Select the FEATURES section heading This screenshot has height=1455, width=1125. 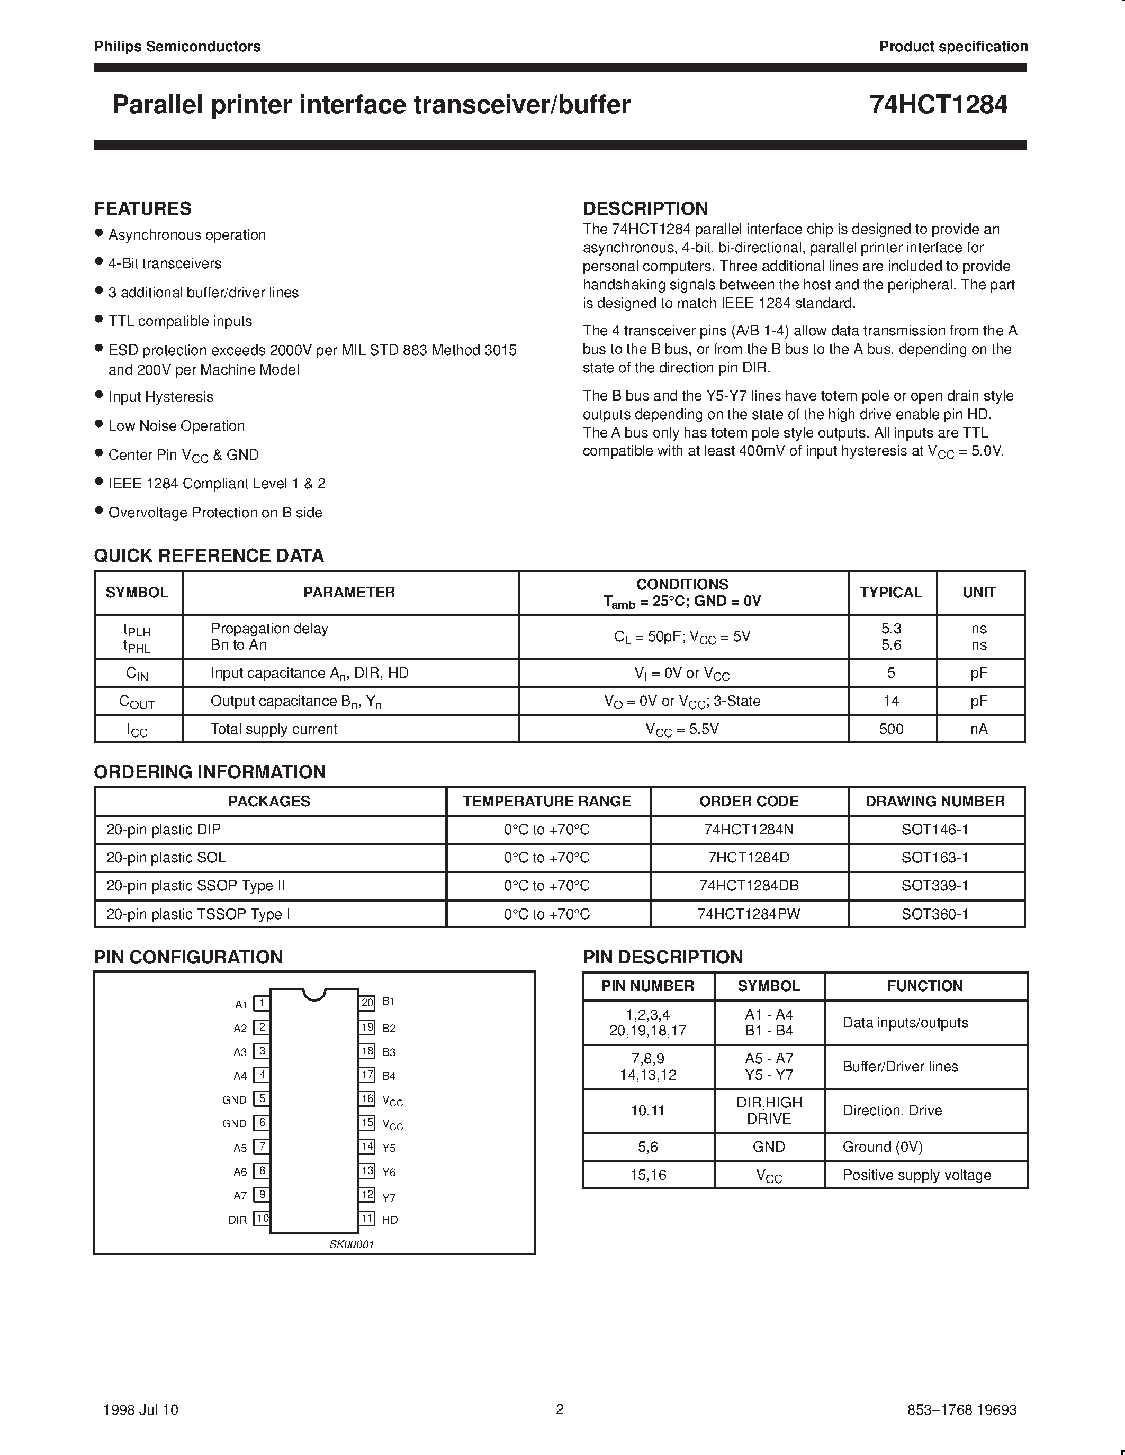(142, 208)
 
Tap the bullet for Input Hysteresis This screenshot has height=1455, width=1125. (98, 395)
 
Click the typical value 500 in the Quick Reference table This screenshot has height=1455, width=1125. (891, 729)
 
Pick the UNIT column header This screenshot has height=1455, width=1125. (978, 592)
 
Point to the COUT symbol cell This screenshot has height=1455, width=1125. (137, 702)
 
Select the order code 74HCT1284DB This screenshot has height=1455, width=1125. (749, 885)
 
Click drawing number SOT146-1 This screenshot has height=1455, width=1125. (934, 830)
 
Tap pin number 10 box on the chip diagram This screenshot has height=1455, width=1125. (263, 1218)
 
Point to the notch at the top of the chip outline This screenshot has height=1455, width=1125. (314, 994)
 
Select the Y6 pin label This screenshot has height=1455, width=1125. (389, 1172)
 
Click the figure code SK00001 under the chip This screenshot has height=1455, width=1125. (351, 1244)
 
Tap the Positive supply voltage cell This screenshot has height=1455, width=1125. (916, 1175)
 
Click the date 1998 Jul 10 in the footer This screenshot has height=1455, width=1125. (141, 1409)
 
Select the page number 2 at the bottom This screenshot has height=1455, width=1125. (560, 1409)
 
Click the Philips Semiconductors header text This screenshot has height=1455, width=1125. (177, 46)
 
